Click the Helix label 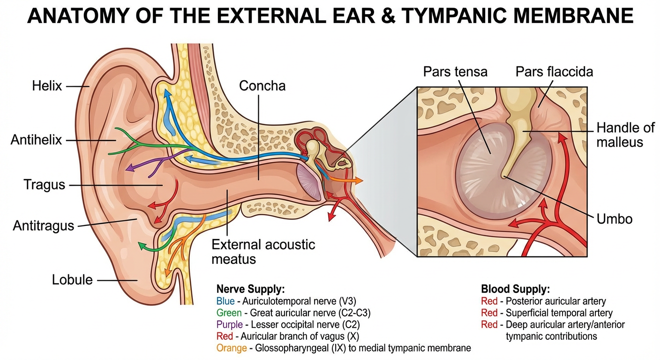47,86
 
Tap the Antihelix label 37,140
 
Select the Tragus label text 45,185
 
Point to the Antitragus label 44,225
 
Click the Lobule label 72,280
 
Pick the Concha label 262,86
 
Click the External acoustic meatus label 263,251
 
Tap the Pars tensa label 455,72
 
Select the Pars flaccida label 554,72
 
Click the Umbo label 615,218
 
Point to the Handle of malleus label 619,135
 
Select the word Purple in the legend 229,324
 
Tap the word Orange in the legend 231,348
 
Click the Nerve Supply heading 250,289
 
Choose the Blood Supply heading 515,289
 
